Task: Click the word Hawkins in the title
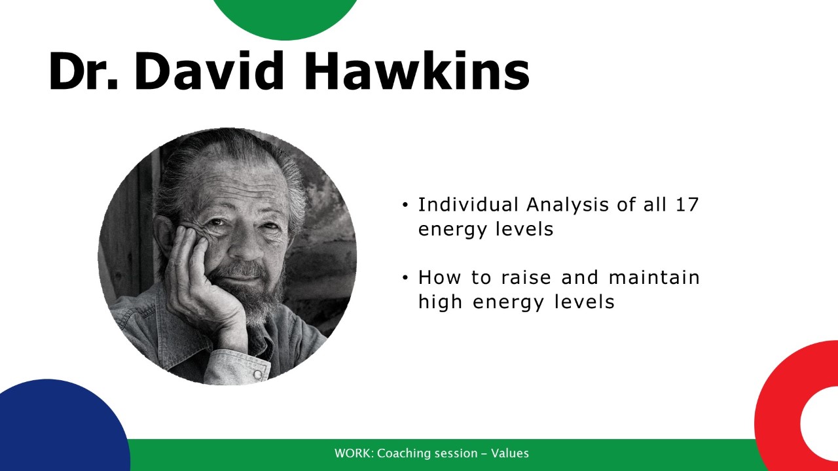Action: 417,71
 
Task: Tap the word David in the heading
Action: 209,71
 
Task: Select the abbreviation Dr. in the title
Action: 83,72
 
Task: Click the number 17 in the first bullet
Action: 687,205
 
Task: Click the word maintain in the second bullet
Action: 654,277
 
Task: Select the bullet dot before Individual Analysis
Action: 405,205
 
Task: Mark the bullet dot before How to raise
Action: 405,278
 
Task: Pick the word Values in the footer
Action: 510,453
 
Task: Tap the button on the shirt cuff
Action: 258,374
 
